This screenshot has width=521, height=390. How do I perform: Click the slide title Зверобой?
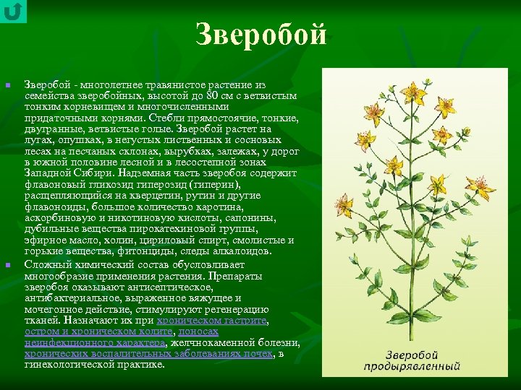261,35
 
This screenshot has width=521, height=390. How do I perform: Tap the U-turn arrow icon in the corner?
13,11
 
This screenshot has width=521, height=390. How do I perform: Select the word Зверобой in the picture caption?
413,355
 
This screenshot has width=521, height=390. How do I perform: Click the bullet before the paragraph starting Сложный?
8,265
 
